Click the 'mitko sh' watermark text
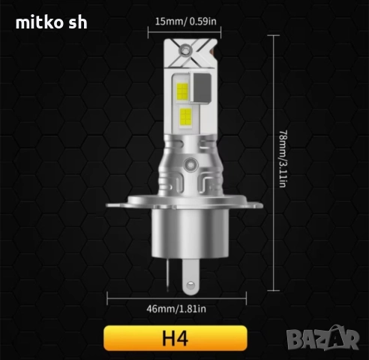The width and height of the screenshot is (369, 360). [52, 22]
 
